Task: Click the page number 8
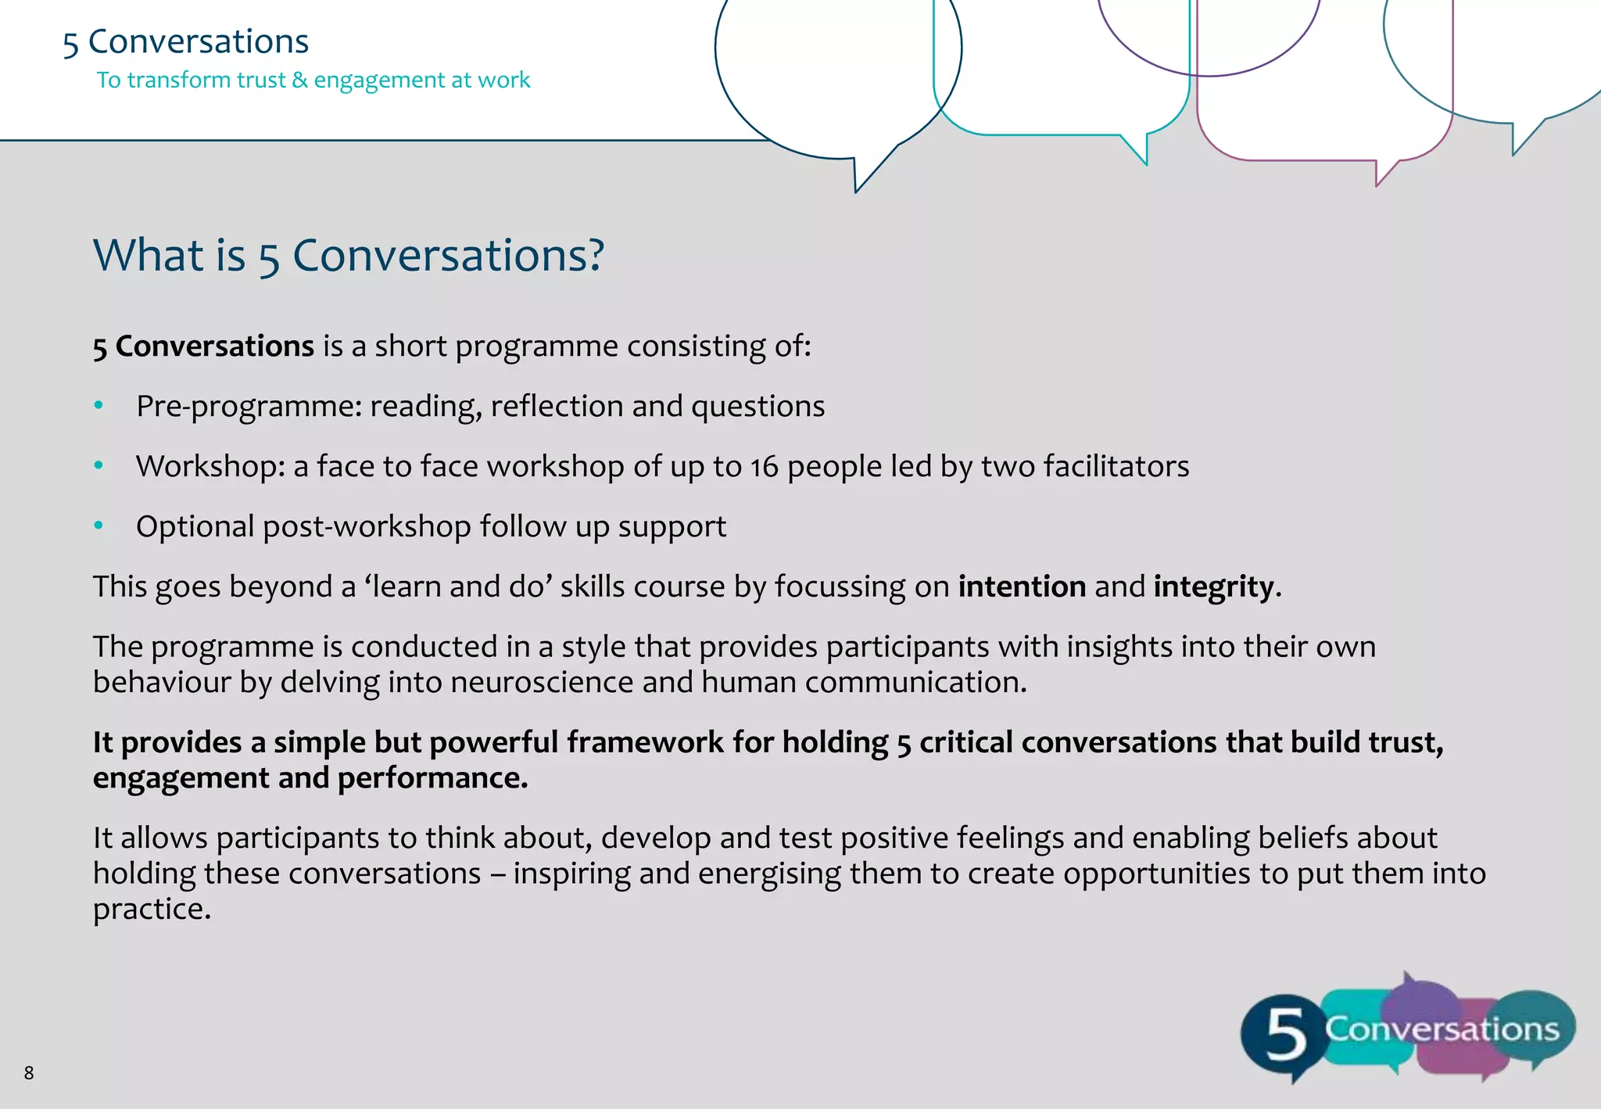pyautogui.click(x=29, y=1072)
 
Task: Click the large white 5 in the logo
pyautogui.click(x=1286, y=1034)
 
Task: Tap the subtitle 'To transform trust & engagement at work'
pyautogui.click(x=313, y=80)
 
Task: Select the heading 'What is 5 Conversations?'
pyautogui.click(x=349, y=255)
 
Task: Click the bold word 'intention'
pyautogui.click(x=1022, y=586)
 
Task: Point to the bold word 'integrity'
pyautogui.click(x=1214, y=586)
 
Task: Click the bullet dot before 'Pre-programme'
pyautogui.click(x=98, y=405)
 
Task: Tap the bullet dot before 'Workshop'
pyautogui.click(x=98, y=465)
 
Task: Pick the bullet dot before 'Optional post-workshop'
pyautogui.click(x=98, y=526)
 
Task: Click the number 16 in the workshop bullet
pyautogui.click(x=764, y=466)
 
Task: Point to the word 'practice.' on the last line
pyautogui.click(x=152, y=909)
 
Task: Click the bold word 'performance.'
pyautogui.click(x=432, y=778)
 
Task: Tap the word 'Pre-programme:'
pyautogui.click(x=249, y=406)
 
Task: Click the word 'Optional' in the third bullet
pyautogui.click(x=195, y=526)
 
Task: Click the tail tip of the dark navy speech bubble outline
pyautogui.click(x=857, y=191)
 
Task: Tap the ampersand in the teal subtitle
pyautogui.click(x=299, y=80)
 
